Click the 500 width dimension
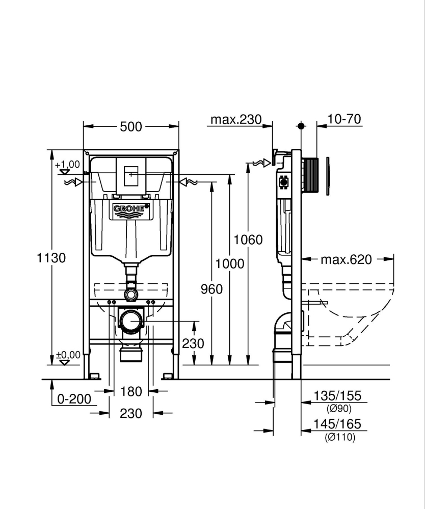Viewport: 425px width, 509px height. pyautogui.click(x=131, y=127)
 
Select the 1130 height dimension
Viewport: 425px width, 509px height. pyautogui.click(x=51, y=258)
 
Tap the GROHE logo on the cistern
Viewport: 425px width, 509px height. pyautogui.click(x=131, y=208)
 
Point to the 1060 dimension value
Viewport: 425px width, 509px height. pyautogui.click(x=248, y=239)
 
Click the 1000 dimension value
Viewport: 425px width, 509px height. pyautogui.click(x=230, y=264)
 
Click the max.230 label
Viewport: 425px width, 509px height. pyautogui.click(x=236, y=120)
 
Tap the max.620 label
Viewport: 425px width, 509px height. pyautogui.click(x=346, y=260)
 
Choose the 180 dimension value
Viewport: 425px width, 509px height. pyautogui.click(x=131, y=392)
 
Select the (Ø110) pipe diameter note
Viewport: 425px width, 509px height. pyautogui.click(x=339, y=437)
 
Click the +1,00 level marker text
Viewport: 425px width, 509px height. pyautogui.click(x=67, y=165)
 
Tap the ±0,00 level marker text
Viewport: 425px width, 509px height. pyautogui.click(x=68, y=355)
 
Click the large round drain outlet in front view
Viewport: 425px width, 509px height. pyautogui.click(x=131, y=322)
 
